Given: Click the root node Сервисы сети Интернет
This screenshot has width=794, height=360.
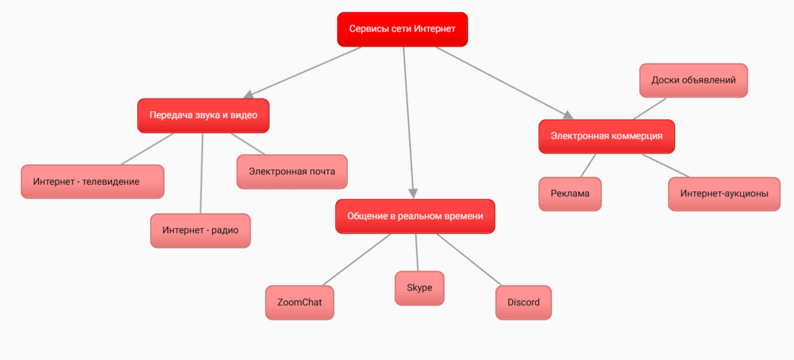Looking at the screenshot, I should point(402,29).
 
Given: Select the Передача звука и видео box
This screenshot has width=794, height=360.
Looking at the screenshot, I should point(203,115).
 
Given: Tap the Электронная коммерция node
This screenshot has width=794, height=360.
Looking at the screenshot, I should point(606,136).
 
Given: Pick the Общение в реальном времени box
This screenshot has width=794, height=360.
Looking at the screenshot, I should point(415,216).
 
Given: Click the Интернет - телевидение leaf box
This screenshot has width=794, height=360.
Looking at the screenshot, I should point(93,182).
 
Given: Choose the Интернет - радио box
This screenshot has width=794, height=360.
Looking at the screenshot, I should point(200,230).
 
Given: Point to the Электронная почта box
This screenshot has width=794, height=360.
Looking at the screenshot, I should point(292,172).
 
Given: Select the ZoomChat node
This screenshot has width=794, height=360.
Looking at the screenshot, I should point(300,302).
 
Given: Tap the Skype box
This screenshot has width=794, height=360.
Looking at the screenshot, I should point(419,288).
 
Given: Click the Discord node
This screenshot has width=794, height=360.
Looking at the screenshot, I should point(523,302).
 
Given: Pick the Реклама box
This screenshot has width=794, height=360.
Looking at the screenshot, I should point(570,194).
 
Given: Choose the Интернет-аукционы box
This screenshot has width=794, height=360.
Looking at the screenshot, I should point(724,194).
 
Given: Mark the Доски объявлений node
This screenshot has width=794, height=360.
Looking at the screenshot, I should point(693,80).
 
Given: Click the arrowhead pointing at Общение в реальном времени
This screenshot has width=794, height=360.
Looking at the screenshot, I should point(413,193).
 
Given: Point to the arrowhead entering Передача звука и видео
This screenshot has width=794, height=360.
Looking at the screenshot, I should point(248,95).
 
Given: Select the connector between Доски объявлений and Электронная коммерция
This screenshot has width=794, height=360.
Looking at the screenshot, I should point(650,109).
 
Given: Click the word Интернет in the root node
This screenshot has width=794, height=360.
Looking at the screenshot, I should point(435,29).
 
